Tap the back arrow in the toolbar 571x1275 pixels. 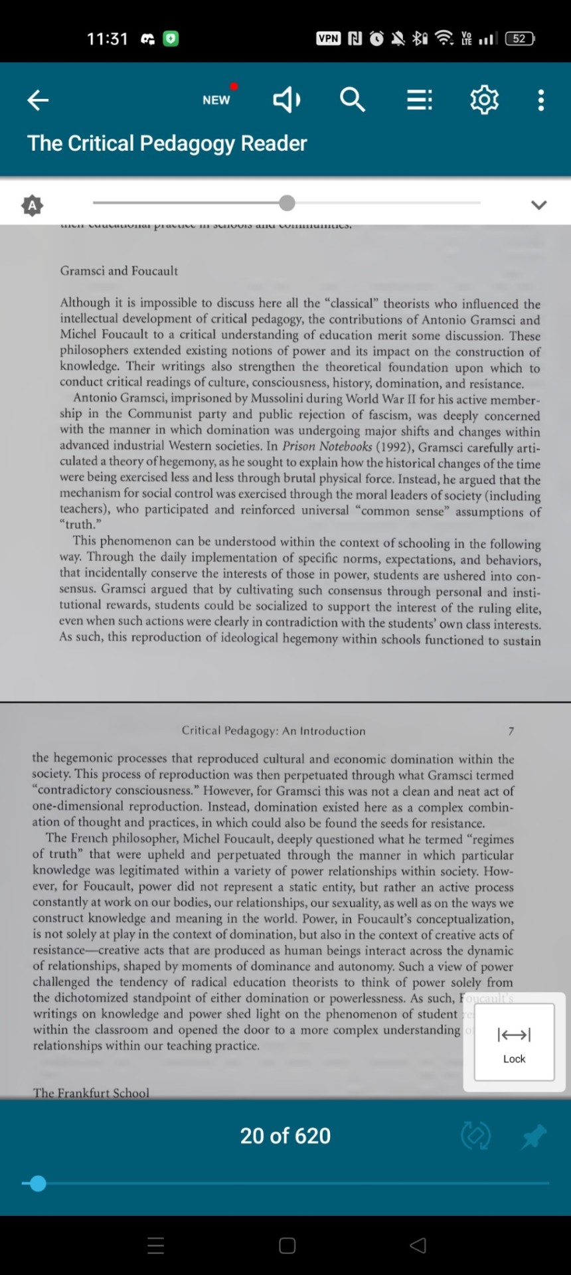pyautogui.click(x=38, y=100)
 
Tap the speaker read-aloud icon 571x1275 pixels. pyautogui.click(x=287, y=100)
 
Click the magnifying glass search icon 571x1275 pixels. pyautogui.click(x=352, y=100)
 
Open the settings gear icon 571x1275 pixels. pyautogui.click(x=484, y=100)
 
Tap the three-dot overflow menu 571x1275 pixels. pyautogui.click(x=541, y=100)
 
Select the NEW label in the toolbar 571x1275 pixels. pyautogui.click(x=216, y=100)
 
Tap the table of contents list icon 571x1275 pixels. pyautogui.click(x=419, y=100)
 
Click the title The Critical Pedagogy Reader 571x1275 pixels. pyautogui.click(x=167, y=143)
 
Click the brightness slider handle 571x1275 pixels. pyautogui.click(x=287, y=203)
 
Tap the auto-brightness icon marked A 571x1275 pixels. pyautogui.click(x=32, y=205)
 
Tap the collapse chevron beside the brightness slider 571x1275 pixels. pyautogui.click(x=538, y=205)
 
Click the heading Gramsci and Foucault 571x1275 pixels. pyautogui.click(x=119, y=270)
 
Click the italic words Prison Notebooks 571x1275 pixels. pyautogui.click(x=327, y=446)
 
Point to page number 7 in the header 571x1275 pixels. pyautogui.click(x=511, y=731)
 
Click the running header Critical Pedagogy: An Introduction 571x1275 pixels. pyautogui.click(x=274, y=730)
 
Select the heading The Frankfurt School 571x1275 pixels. pyautogui.click(x=91, y=1092)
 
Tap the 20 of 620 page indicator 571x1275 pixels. pyautogui.click(x=285, y=1136)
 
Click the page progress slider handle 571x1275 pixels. pyautogui.click(x=38, y=1183)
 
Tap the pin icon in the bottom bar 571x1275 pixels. pyautogui.click(x=533, y=1136)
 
